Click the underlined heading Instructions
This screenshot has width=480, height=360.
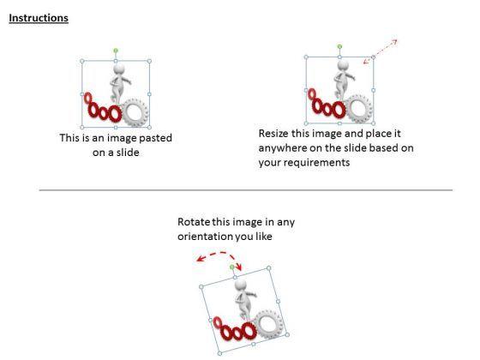tap(39, 18)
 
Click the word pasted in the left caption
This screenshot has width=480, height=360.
tap(155, 138)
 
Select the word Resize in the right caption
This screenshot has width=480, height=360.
tap(273, 134)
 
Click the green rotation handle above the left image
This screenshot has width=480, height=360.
tap(116, 51)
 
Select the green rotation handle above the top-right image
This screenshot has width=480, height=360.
tap(339, 46)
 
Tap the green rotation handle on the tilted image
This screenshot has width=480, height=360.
tap(231, 267)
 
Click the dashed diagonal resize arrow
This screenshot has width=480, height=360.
tap(381, 51)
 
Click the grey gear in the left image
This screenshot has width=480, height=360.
tap(135, 112)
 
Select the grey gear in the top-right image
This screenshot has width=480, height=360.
tap(359, 109)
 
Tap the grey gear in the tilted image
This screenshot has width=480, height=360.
tap(269, 324)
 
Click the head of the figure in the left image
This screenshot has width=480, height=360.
tap(119, 69)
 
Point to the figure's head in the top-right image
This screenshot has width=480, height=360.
tap(343, 65)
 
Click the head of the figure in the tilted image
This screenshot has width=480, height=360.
tap(241, 285)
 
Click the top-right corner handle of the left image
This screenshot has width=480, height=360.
tap(149, 61)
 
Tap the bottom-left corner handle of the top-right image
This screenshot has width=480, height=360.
tap(306, 123)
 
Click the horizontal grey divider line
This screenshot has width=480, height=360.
tap(246, 190)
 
